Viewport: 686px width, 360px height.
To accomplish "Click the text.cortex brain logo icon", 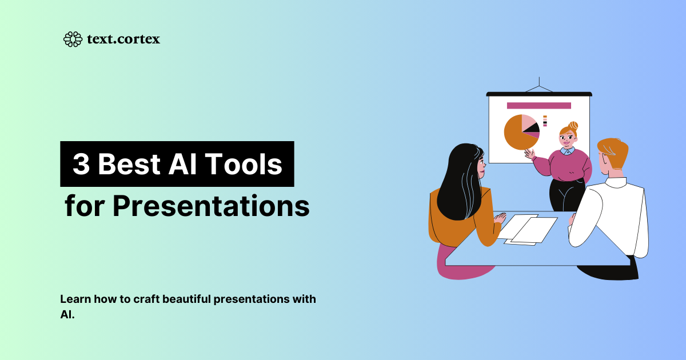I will coord(73,39).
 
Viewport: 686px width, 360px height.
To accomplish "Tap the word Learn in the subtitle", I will coord(73,299).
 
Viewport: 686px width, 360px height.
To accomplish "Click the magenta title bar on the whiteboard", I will coord(539,106).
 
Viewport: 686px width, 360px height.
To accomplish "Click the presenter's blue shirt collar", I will coord(567,151).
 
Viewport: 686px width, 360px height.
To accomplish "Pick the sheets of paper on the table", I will coord(526,229).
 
